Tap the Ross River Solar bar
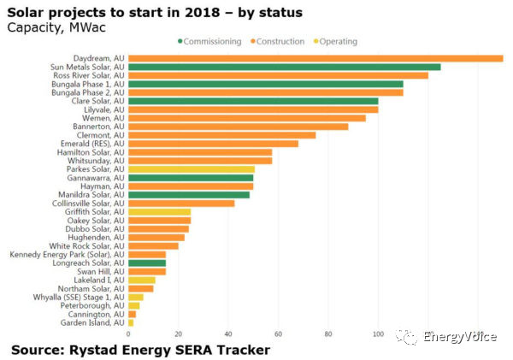tap(278, 75)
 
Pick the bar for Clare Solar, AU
tap(253, 101)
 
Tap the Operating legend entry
tap(338, 41)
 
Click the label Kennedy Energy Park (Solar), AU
tap(67, 254)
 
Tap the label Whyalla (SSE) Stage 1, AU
tap(77, 297)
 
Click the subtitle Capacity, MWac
tap(48, 27)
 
